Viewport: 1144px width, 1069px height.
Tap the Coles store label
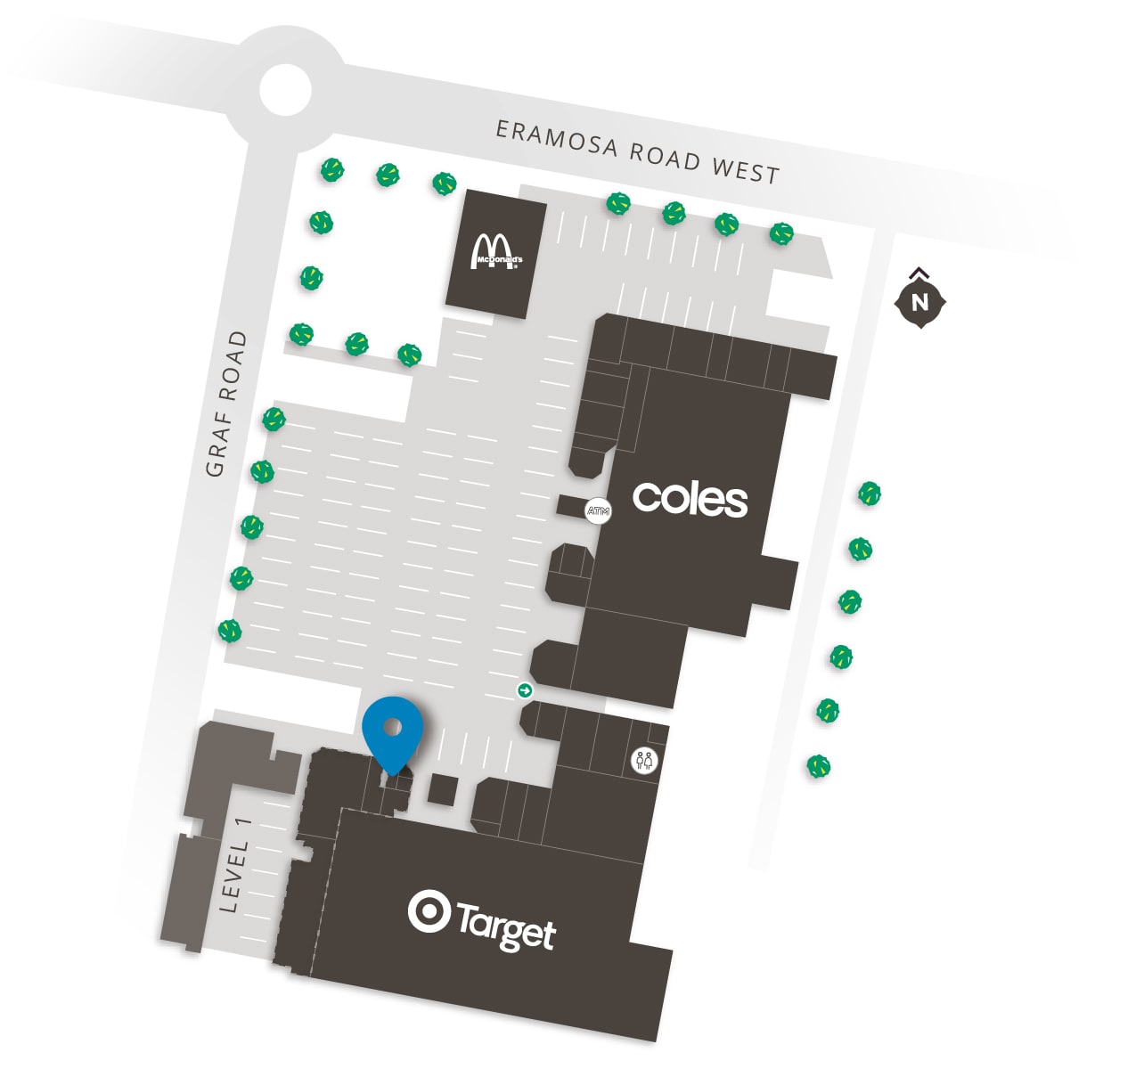pyautogui.click(x=690, y=499)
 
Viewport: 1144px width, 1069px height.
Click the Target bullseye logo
pyautogui.click(x=429, y=911)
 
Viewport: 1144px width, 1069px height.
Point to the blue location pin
pyautogui.click(x=392, y=730)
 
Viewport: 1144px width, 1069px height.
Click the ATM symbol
pyautogui.click(x=598, y=511)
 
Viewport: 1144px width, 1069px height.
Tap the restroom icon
pyautogui.click(x=644, y=761)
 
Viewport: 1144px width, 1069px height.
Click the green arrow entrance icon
pyautogui.click(x=525, y=690)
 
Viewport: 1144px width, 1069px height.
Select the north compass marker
pyautogui.click(x=919, y=302)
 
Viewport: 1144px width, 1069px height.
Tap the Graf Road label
pyautogui.click(x=226, y=404)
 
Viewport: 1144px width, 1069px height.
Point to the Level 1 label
pyautogui.click(x=234, y=864)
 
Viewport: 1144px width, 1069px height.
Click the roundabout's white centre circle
pyautogui.click(x=286, y=89)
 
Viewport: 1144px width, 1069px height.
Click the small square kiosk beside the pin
pyautogui.click(x=443, y=789)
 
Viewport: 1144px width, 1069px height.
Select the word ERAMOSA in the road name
pyautogui.click(x=557, y=139)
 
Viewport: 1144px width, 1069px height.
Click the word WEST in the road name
pyautogui.click(x=745, y=168)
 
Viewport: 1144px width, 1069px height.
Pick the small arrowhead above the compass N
pyautogui.click(x=920, y=273)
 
